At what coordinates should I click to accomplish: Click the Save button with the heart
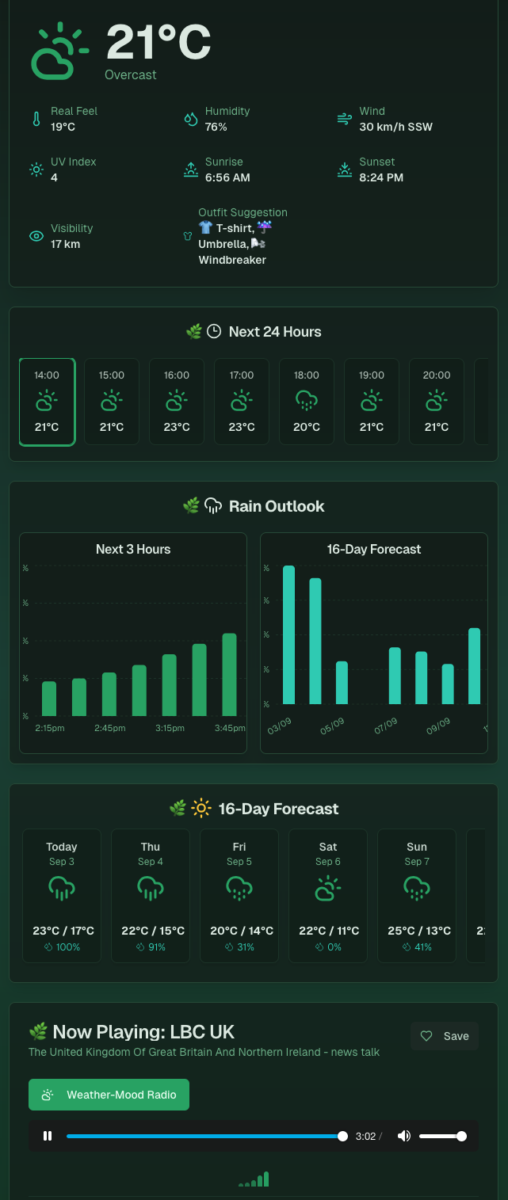(445, 1036)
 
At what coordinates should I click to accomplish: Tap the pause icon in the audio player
(48, 1136)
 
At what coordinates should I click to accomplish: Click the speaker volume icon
(404, 1136)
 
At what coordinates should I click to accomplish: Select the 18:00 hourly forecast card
(307, 402)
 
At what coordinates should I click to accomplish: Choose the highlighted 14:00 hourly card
(47, 402)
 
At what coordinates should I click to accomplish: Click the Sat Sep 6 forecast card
(328, 895)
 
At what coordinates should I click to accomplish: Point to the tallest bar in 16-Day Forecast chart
(288, 634)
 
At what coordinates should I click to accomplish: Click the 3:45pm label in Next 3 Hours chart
(230, 727)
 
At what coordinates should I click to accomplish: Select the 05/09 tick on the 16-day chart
(332, 726)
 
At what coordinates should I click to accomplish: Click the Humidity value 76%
(216, 127)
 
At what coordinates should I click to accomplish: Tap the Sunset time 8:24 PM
(381, 177)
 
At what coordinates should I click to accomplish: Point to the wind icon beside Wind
(344, 119)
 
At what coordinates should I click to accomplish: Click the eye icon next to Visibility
(36, 236)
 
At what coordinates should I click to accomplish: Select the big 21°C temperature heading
(159, 43)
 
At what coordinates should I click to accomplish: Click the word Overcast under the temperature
(131, 75)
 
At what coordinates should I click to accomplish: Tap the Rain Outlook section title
(276, 506)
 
